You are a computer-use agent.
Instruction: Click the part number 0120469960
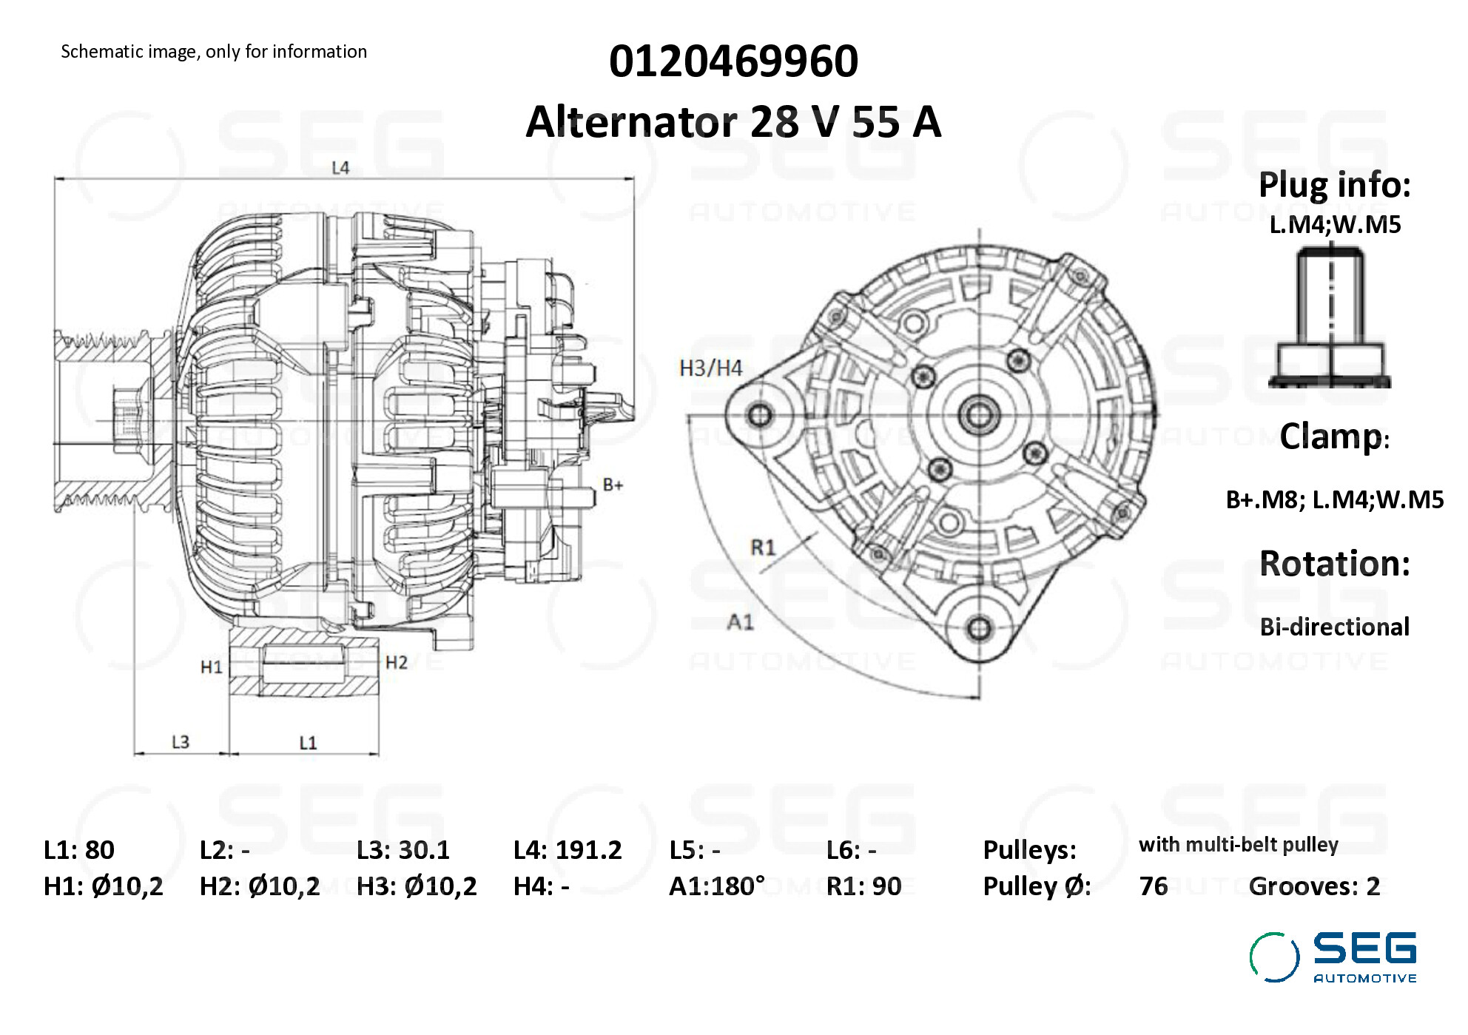point(733,61)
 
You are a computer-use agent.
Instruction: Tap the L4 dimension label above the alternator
point(340,168)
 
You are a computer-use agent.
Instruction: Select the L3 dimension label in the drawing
point(181,741)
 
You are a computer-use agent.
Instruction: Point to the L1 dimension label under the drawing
point(308,742)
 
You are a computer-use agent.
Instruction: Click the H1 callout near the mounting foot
point(212,667)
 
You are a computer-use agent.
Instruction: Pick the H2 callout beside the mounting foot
point(397,662)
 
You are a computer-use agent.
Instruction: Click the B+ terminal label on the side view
point(613,485)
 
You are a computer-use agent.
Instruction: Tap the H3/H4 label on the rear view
point(710,368)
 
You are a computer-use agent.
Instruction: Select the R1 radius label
point(763,547)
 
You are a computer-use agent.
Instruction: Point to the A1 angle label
point(740,621)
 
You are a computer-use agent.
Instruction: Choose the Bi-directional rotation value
point(1334,627)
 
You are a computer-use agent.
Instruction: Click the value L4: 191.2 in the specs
point(568,850)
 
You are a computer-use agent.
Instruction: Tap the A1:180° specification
point(716,886)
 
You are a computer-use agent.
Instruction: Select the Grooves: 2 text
point(1314,886)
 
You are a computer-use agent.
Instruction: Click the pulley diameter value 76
point(1154,886)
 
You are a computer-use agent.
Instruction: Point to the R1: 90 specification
point(863,886)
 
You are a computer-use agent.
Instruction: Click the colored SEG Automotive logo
point(1333,957)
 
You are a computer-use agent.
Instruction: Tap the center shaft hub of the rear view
point(979,415)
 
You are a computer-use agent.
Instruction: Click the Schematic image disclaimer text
point(214,52)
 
